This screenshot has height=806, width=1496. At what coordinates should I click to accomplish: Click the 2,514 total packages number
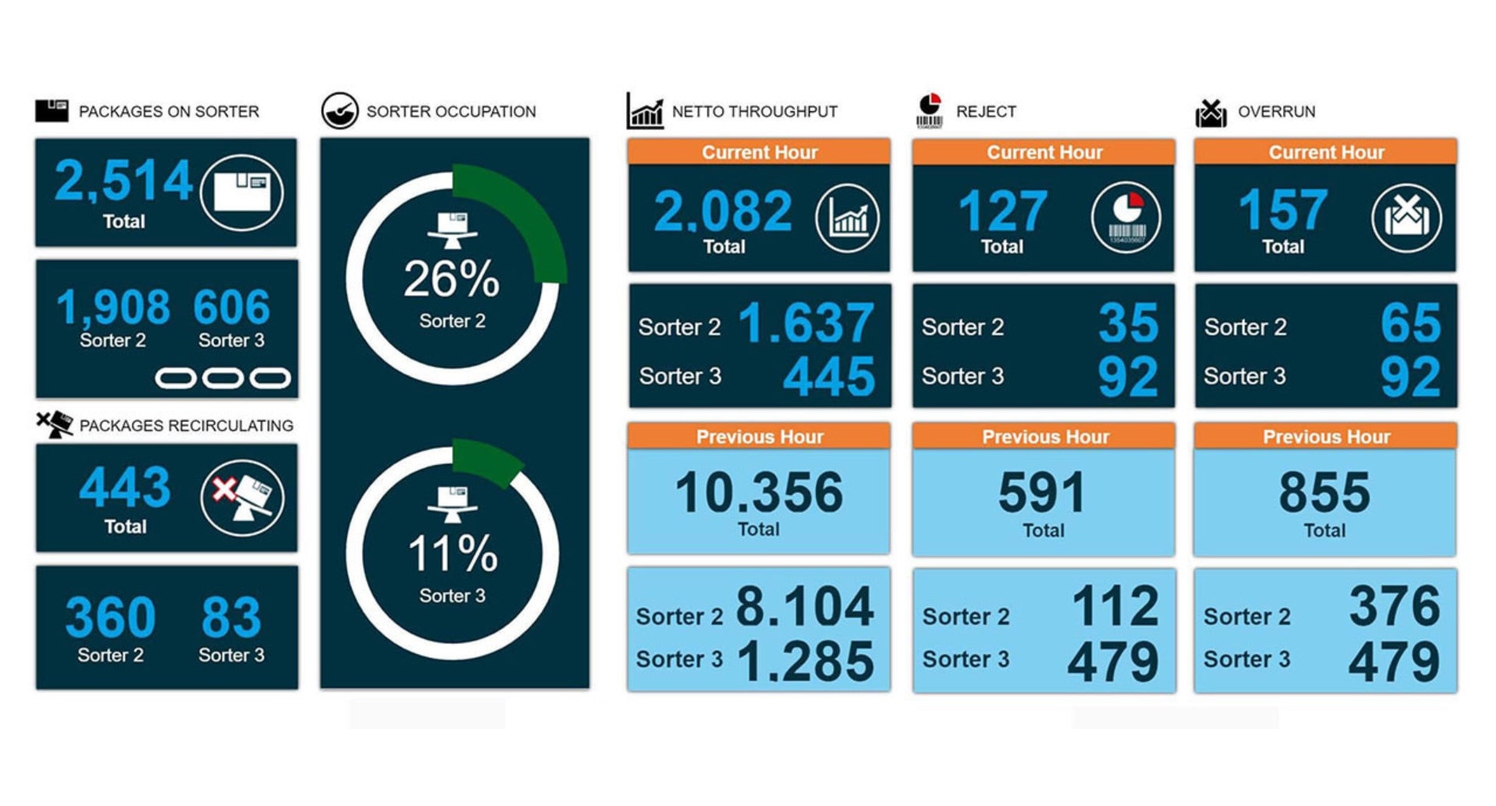click(x=123, y=181)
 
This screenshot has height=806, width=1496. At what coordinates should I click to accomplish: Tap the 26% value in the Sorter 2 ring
click(x=451, y=279)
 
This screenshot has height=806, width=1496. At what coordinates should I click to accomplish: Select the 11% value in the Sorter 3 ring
click(x=452, y=554)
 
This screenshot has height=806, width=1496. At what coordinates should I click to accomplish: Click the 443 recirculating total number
click(x=125, y=487)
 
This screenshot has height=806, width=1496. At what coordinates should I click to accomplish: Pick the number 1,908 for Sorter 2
click(x=113, y=307)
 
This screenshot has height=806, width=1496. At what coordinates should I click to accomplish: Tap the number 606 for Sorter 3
click(x=231, y=307)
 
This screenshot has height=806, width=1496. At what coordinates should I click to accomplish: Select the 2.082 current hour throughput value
click(x=723, y=211)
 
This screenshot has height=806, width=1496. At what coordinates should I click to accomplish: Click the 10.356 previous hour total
click(x=759, y=492)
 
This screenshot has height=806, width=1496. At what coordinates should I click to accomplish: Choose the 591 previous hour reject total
click(x=1043, y=492)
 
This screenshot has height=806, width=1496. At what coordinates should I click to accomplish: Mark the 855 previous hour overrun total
click(x=1325, y=492)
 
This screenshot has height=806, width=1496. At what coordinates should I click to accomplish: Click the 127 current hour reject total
click(x=1003, y=211)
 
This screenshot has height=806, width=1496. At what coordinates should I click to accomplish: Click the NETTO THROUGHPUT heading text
click(x=754, y=111)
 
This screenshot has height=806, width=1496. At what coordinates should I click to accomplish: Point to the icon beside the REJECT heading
click(x=929, y=111)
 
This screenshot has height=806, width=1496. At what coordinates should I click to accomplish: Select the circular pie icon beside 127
click(x=1126, y=217)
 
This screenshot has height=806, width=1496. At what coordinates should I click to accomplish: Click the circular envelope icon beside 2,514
click(x=242, y=192)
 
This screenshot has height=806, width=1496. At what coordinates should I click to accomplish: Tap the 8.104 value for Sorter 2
click(x=805, y=607)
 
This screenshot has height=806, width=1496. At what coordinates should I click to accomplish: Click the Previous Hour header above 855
click(x=1325, y=436)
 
